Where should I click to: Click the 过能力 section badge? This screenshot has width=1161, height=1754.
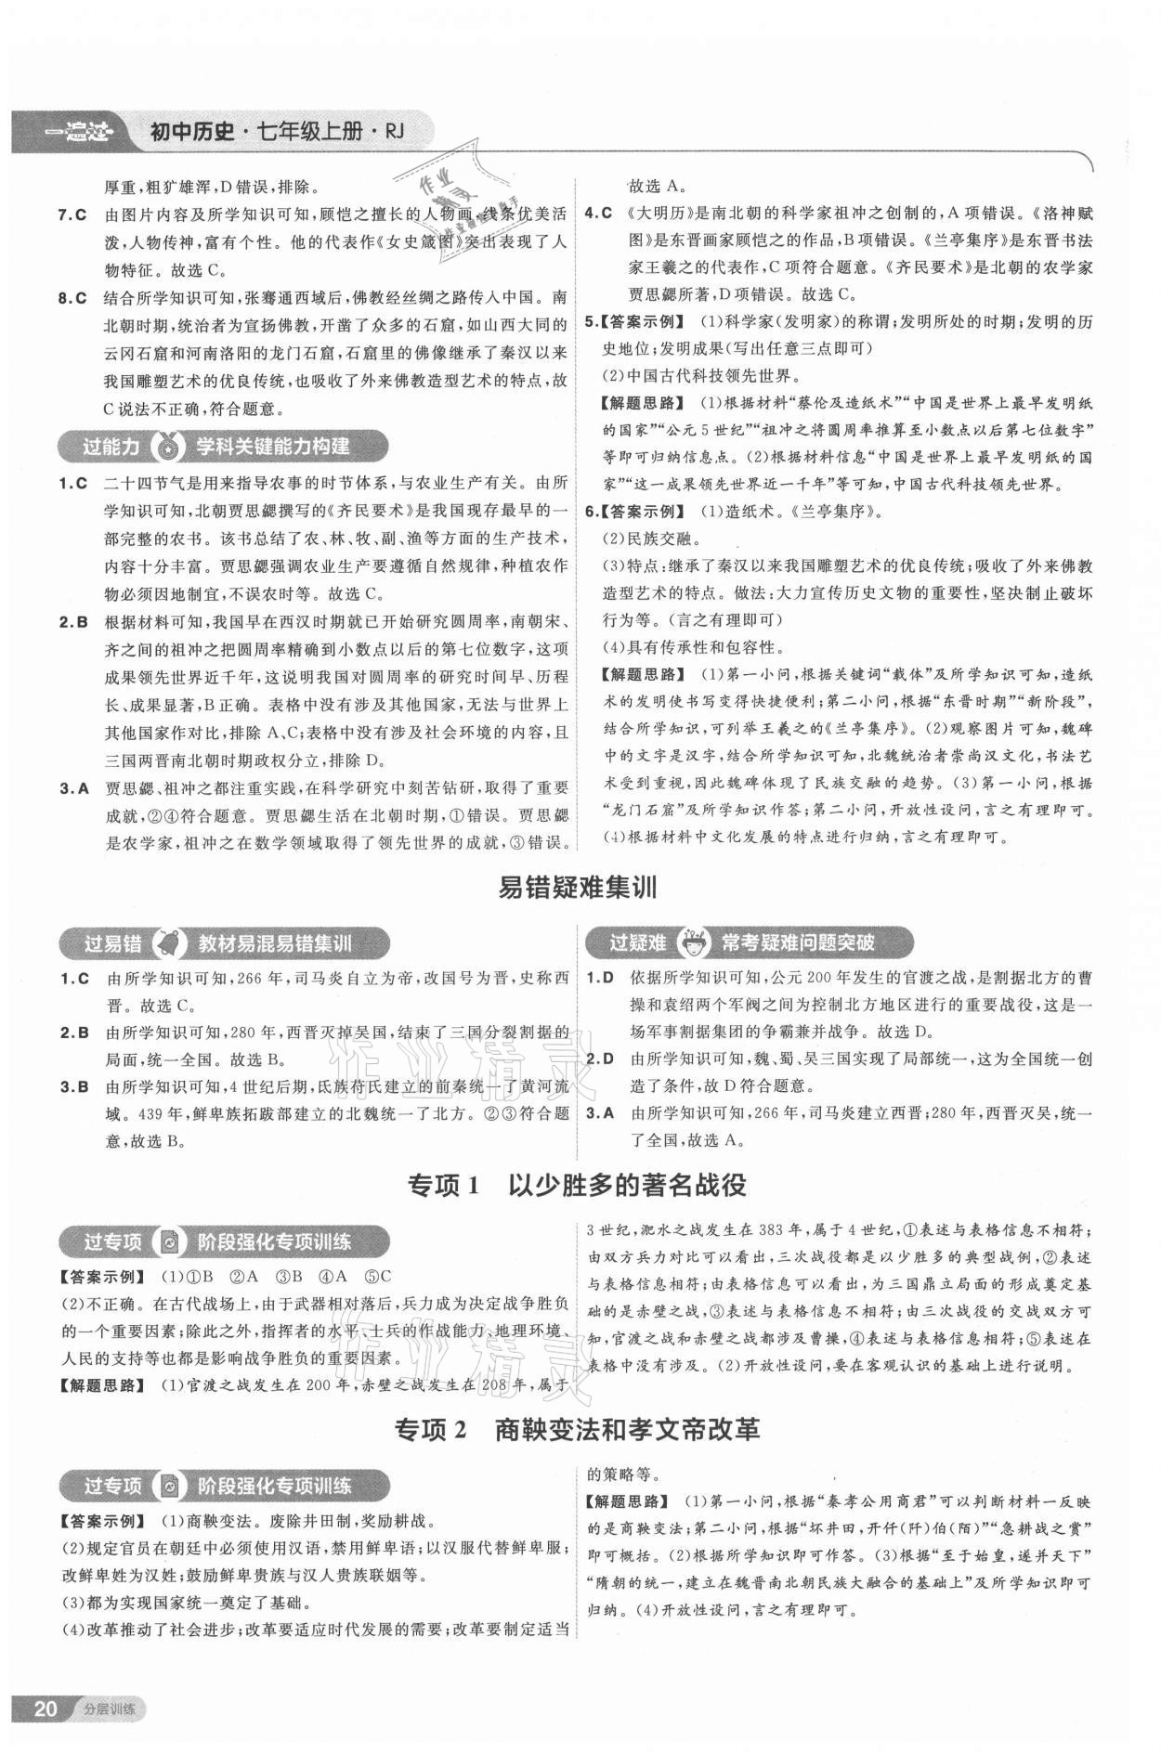pos(111,447)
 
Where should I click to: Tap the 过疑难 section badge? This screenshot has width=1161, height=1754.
pos(638,943)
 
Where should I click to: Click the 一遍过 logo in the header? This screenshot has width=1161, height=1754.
pos(76,136)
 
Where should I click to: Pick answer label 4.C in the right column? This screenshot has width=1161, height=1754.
pos(597,213)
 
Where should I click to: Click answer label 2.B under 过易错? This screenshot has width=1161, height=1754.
pos(74,1033)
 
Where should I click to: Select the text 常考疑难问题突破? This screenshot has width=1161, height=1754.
pos(798,943)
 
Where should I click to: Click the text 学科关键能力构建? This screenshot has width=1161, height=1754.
pos(272,447)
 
